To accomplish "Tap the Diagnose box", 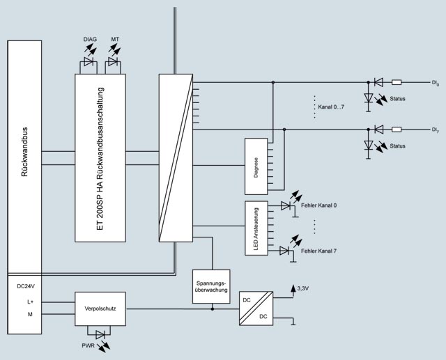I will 257,166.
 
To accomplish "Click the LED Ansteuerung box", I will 257,228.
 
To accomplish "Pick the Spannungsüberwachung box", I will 210,286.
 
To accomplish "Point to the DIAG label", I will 89,40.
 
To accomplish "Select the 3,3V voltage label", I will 304,288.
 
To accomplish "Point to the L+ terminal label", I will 31,301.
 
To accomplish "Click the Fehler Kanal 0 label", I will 319,205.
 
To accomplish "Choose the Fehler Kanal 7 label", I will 319,249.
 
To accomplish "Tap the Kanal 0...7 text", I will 331,107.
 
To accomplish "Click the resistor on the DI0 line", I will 397,82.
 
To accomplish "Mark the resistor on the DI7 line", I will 397,129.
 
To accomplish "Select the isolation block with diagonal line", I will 175,157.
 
